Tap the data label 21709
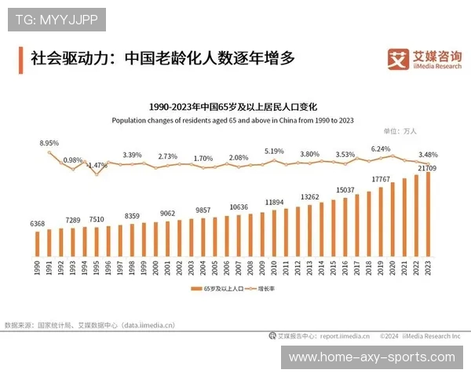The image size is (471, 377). point(428,168)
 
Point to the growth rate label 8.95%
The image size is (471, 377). point(49,144)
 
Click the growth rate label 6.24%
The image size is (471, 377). point(381,148)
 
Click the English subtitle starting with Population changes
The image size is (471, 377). point(232,120)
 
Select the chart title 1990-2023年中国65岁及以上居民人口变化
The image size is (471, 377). point(232,106)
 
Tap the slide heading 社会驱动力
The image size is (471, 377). point(157,59)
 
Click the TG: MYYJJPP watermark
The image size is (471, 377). point(57,20)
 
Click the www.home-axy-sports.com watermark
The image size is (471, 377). point(371,357)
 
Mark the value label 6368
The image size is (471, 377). point(37,224)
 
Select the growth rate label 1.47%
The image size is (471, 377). point(97,166)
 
